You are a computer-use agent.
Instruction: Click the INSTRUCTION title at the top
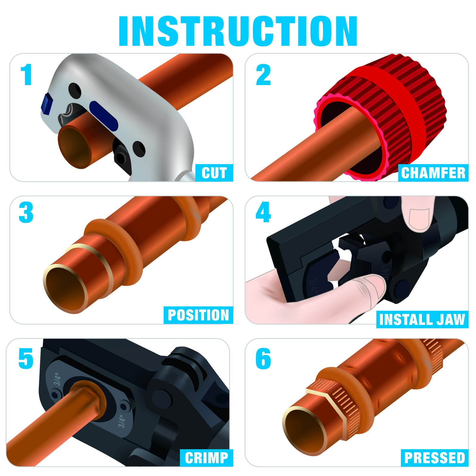pyautogui.click(x=238, y=31)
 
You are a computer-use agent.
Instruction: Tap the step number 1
pyautogui.click(x=26, y=75)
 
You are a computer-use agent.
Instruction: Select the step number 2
pyautogui.click(x=263, y=75)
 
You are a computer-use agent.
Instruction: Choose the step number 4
pyautogui.click(x=263, y=212)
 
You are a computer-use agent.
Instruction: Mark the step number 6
pyautogui.click(x=263, y=358)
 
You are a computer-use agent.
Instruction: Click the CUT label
pyautogui.click(x=214, y=173)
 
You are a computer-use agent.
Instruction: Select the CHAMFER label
pyautogui.click(x=433, y=173)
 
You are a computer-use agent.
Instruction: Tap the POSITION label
pyautogui.click(x=198, y=315)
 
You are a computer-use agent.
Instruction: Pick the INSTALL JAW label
pyautogui.click(x=422, y=320)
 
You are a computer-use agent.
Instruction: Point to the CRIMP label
pyautogui.click(x=206, y=458)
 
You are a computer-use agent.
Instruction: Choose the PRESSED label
pyautogui.click(x=435, y=458)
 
